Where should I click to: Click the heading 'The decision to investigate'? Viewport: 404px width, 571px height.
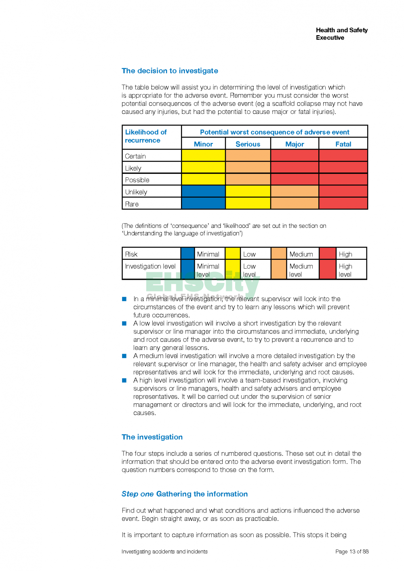click(x=170, y=71)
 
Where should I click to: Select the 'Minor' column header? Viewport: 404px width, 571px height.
click(x=203, y=144)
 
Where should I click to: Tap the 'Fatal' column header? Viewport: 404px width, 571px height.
click(x=343, y=144)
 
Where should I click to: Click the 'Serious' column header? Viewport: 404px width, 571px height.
click(x=248, y=144)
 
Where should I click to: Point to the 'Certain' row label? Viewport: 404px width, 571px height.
click(x=135, y=156)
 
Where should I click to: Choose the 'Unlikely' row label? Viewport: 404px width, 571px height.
click(x=136, y=192)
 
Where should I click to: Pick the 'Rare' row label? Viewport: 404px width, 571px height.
click(x=132, y=204)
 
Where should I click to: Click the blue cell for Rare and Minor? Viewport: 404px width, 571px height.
click(x=203, y=203)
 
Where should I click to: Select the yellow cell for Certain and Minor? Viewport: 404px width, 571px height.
click(x=203, y=156)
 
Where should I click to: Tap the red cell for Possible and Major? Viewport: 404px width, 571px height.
click(x=295, y=179)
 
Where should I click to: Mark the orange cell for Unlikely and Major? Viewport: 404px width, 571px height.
click(x=295, y=191)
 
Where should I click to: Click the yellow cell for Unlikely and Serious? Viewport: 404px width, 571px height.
click(x=248, y=191)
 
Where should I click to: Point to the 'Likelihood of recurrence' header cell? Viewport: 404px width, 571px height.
click(x=146, y=136)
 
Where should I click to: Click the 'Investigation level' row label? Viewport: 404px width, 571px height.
click(x=150, y=267)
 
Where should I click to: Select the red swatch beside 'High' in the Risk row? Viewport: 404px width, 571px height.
click(x=328, y=253)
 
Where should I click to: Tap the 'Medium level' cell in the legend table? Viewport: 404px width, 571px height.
click(x=301, y=270)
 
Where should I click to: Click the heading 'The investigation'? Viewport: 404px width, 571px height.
click(x=152, y=437)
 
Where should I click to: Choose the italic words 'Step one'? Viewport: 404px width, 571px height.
click(x=137, y=494)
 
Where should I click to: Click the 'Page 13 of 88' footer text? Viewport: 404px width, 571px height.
click(x=352, y=552)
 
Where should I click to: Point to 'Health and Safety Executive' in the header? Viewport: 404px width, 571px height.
click(x=341, y=34)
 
